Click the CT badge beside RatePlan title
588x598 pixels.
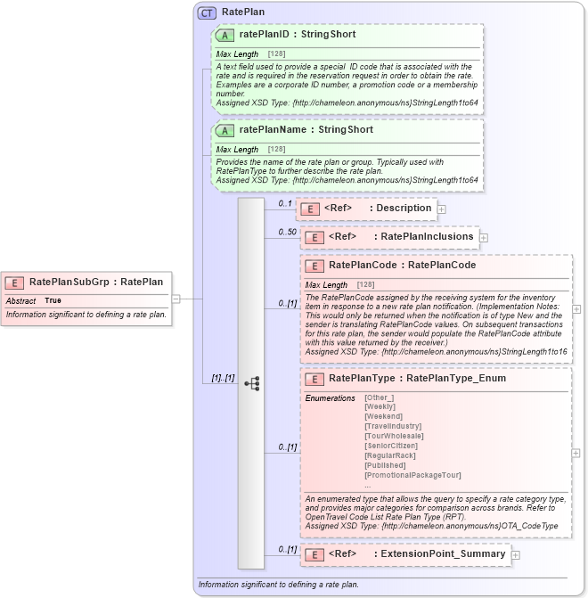point(208,13)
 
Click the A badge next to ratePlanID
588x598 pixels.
point(225,35)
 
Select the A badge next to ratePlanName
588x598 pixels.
point(225,130)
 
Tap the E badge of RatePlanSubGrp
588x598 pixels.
point(15,282)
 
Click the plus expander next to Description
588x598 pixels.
point(441,209)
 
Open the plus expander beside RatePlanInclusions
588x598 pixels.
point(484,237)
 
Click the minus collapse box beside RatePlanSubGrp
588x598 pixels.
point(176,299)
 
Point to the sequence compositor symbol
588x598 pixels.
point(251,383)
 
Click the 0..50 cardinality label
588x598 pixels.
point(287,233)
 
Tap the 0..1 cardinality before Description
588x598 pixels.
point(285,204)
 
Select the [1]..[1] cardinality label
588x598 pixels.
point(223,378)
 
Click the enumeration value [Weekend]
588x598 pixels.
point(384,416)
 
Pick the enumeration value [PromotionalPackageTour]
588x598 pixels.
point(412,475)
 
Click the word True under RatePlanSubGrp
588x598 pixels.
point(53,301)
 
